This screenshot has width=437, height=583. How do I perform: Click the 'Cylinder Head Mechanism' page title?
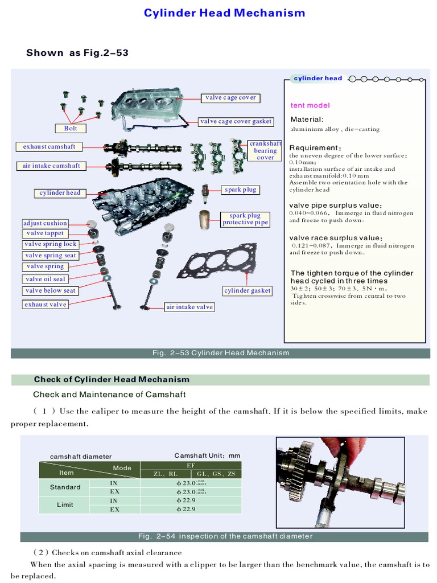[224, 13]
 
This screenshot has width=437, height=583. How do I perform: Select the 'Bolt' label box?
[71, 128]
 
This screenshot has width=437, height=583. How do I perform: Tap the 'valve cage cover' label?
[230, 98]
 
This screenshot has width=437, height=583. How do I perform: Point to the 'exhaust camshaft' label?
[49, 147]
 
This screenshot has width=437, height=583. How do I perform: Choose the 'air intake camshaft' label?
[51, 166]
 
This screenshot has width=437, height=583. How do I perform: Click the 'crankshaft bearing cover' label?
[265, 151]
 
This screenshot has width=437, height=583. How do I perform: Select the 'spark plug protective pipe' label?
[245, 219]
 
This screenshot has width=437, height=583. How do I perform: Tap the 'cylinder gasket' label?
[248, 291]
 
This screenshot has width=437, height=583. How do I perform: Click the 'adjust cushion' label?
[45, 223]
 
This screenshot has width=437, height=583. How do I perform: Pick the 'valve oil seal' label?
[46, 279]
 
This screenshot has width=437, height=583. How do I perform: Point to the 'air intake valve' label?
[189, 307]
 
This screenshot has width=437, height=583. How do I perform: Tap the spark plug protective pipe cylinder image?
[205, 220]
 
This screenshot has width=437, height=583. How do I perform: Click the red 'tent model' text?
[310, 105]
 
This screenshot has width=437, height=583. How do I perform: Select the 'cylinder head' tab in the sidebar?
[318, 79]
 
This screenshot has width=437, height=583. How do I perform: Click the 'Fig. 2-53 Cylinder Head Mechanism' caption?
[221, 353]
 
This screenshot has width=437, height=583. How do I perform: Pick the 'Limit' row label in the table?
[65, 504]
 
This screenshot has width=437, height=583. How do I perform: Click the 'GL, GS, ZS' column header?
[216, 474]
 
